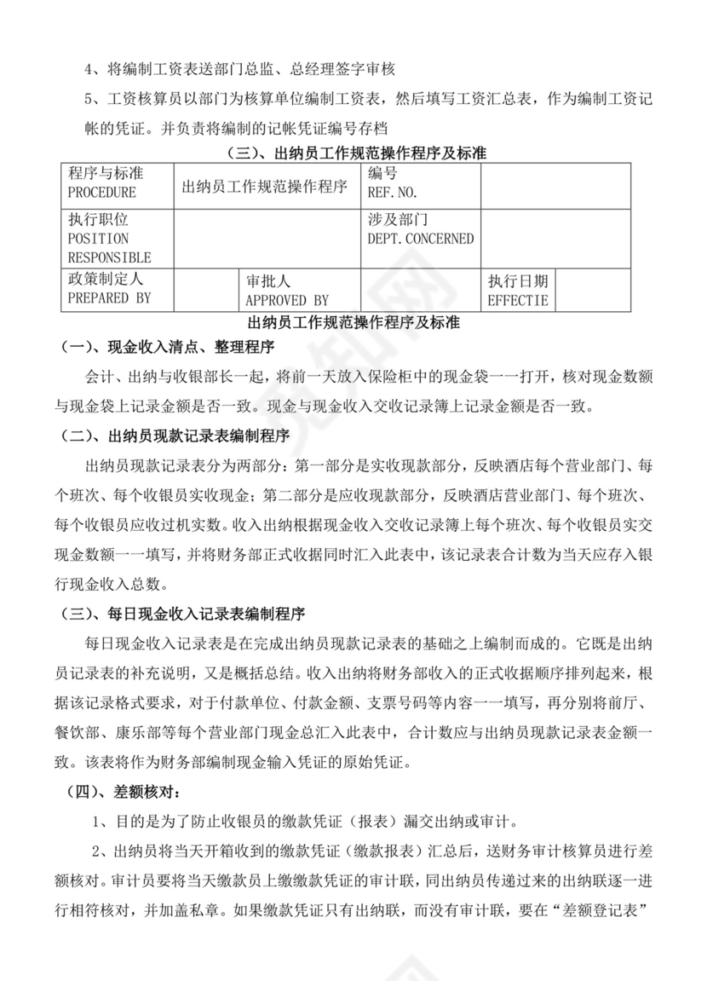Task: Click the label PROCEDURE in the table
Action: tap(101, 193)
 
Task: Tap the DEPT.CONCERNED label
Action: tap(420, 239)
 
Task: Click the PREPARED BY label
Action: tap(109, 298)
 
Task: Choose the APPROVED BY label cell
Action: tap(286, 300)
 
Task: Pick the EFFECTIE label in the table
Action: tap(518, 300)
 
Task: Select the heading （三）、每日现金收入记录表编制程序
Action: tap(183, 613)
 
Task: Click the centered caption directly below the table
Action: tap(353, 324)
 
